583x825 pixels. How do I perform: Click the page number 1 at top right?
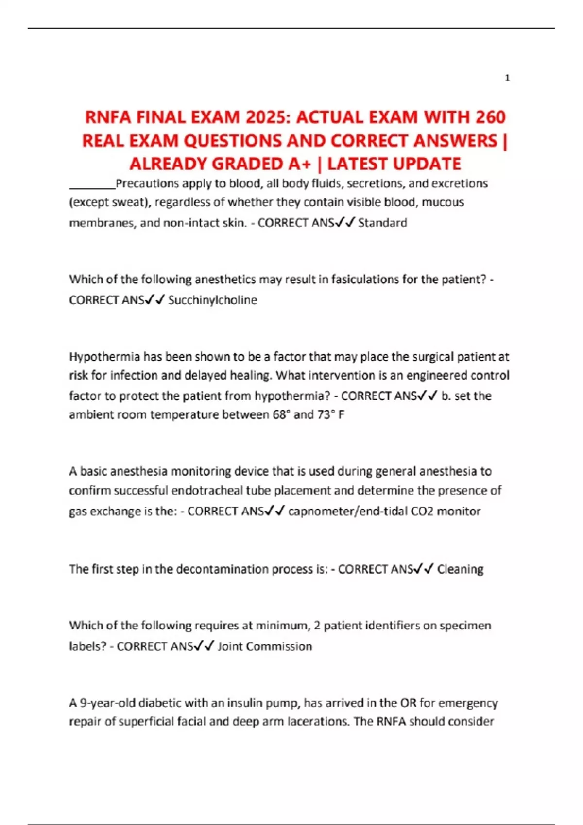(507, 78)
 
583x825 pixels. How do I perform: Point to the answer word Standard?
(382, 223)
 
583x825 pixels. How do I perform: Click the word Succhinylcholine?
(212, 300)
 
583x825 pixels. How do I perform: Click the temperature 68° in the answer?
(281, 414)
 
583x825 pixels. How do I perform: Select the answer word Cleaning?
(460, 569)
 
